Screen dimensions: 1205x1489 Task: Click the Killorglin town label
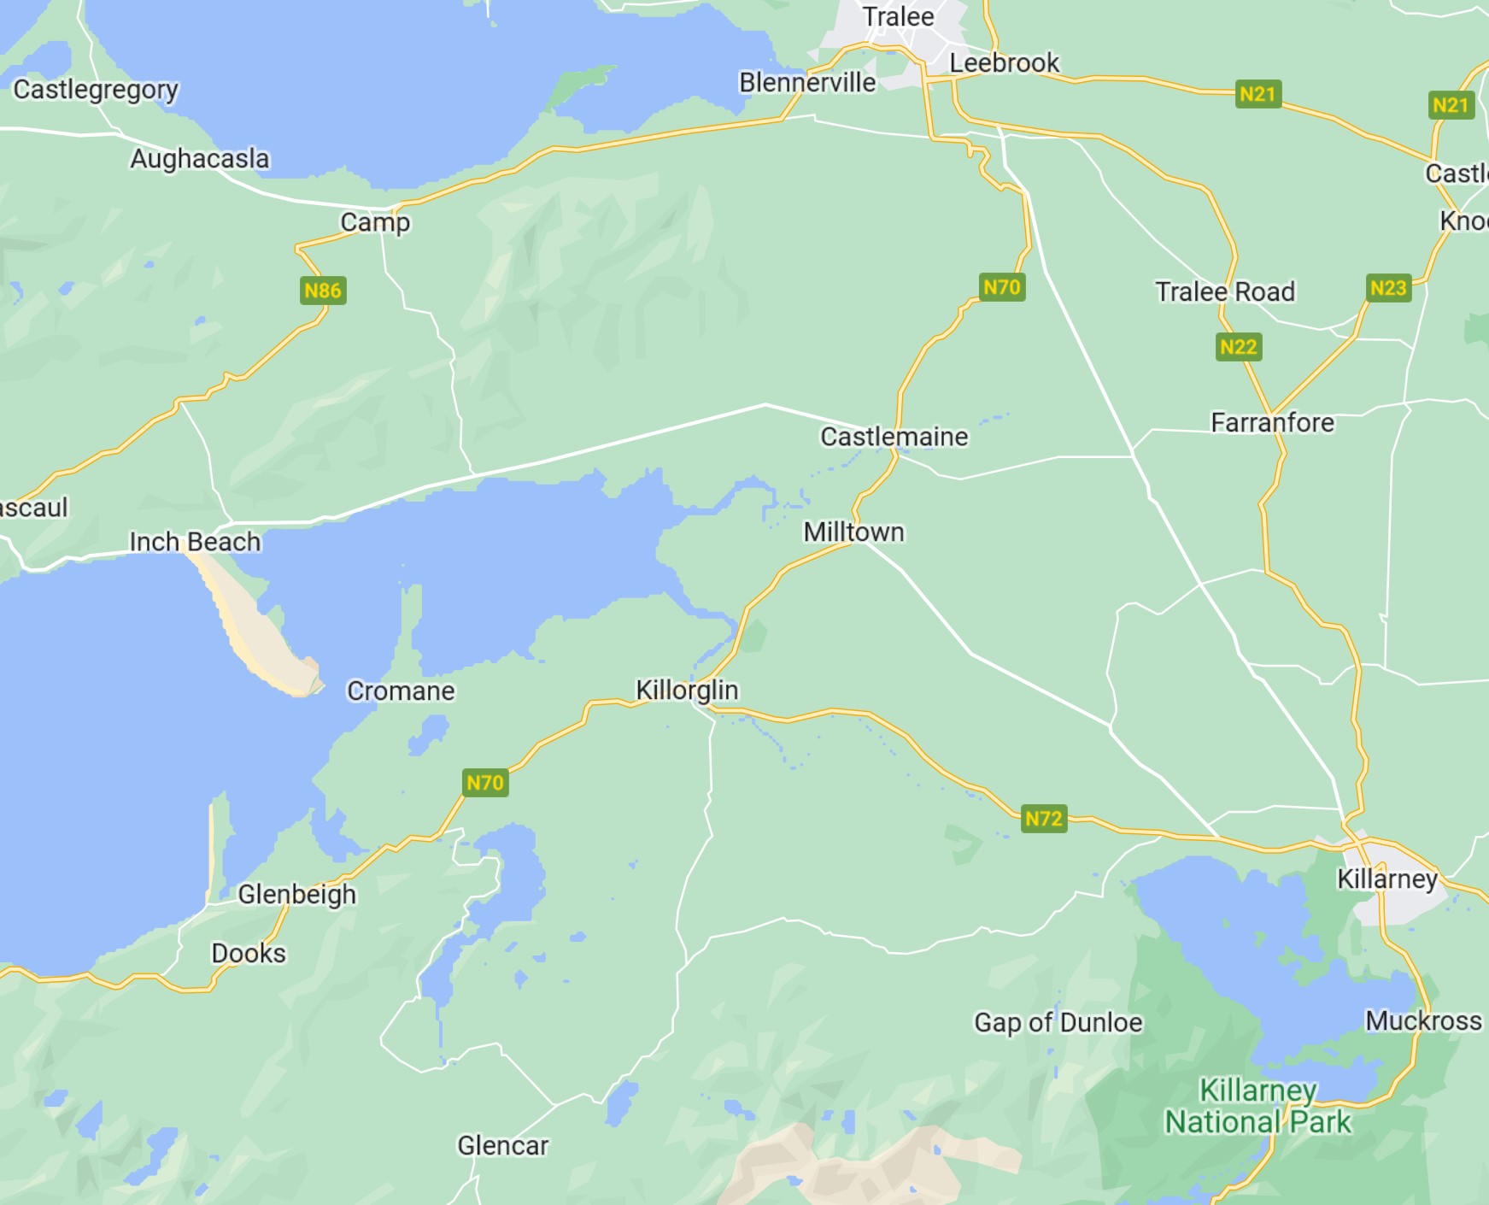click(x=687, y=690)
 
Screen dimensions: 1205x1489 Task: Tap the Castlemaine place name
click(x=894, y=437)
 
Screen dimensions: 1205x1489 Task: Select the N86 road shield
click(x=323, y=291)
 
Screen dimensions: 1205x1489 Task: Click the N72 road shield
click(x=1043, y=819)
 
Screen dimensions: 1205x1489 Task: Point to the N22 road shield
click(x=1238, y=347)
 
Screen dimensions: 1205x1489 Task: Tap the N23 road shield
click(x=1387, y=288)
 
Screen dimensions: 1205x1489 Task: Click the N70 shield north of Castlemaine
click(x=1001, y=287)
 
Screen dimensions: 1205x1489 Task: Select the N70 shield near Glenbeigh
click(x=485, y=783)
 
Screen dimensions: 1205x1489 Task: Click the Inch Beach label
click(x=195, y=542)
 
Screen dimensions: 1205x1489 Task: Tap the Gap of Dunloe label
click(x=1058, y=1022)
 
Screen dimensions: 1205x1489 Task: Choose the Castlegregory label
click(x=96, y=89)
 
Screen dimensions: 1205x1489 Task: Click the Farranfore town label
click(x=1272, y=422)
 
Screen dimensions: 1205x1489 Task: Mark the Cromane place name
click(x=401, y=691)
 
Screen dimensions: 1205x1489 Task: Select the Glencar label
click(x=502, y=1145)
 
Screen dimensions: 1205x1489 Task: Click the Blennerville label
click(x=807, y=82)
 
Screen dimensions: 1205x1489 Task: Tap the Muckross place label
click(x=1423, y=1020)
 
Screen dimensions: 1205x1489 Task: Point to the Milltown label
click(x=853, y=532)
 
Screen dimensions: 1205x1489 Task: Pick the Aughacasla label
click(x=199, y=159)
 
